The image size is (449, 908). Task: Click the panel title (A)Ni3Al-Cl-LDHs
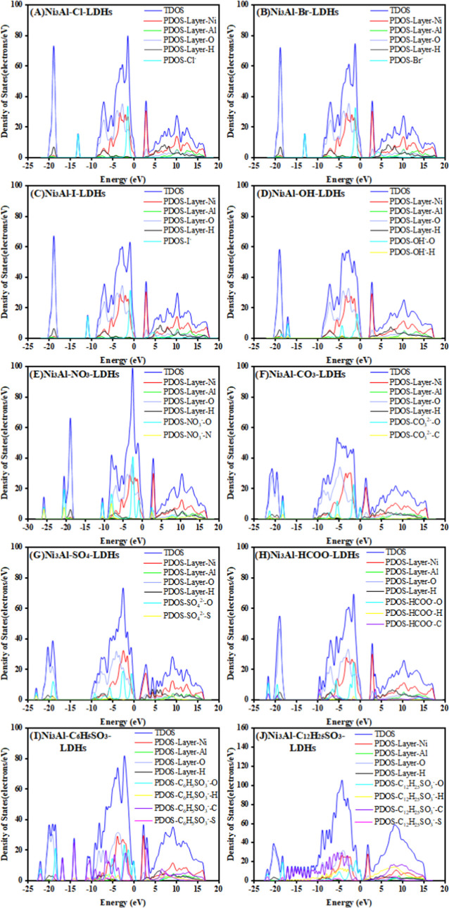click(67, 13)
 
